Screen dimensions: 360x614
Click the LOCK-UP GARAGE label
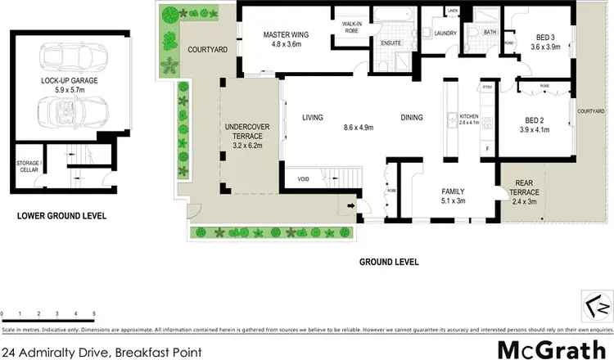pos(67,82)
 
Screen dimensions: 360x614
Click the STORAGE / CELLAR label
pos(27,168)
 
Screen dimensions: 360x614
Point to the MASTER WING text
pos(283,35)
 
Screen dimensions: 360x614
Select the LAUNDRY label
pos(445,34)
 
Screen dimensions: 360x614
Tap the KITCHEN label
pos(468,115)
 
